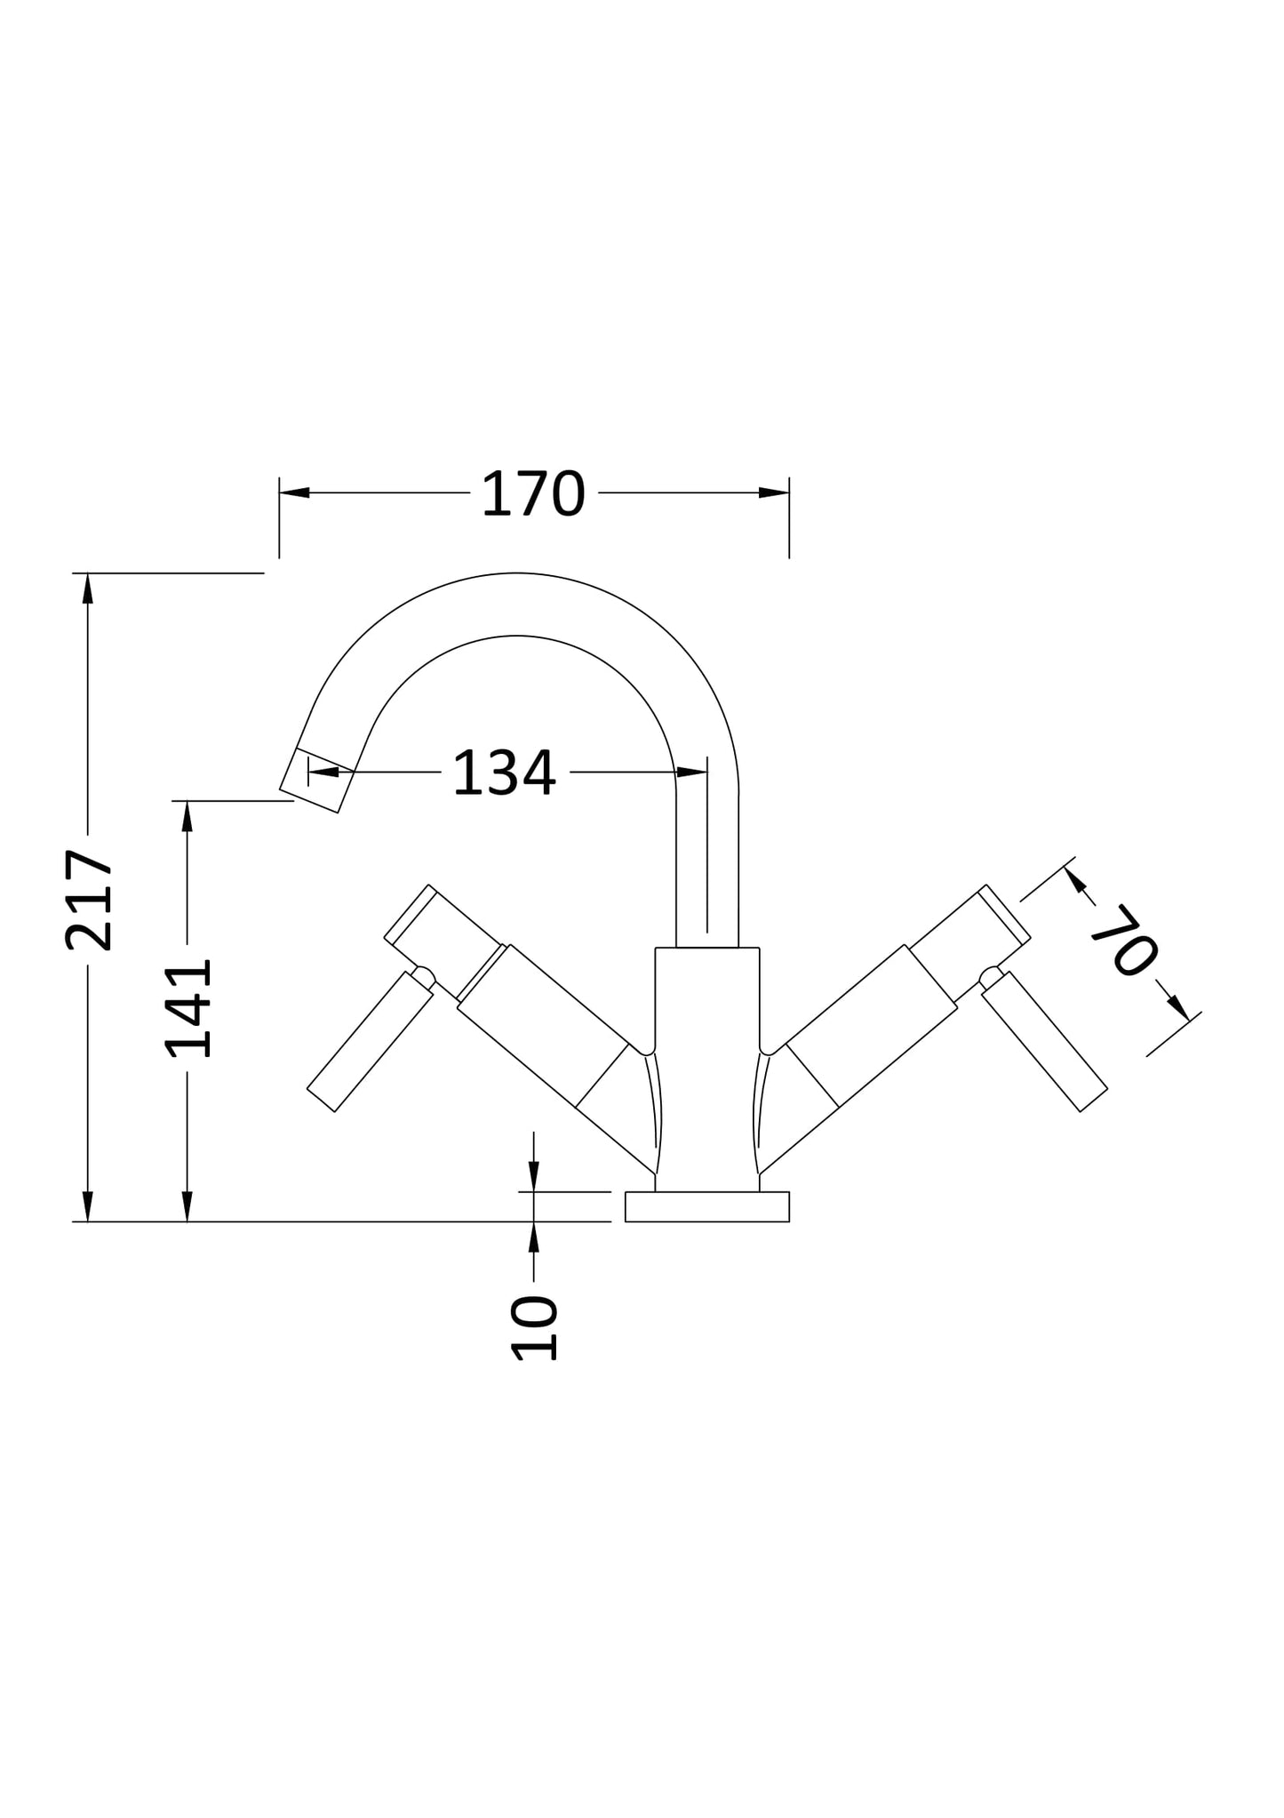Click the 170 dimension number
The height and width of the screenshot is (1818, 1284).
pos(533,494)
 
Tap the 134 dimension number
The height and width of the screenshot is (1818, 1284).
pos(504,773)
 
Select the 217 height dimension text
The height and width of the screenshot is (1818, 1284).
pos(90,900)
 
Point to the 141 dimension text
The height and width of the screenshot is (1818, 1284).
pos(189,1007)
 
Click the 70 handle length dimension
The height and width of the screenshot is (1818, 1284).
pos(1123,940)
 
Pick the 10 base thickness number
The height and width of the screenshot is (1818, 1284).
pos(534,1328)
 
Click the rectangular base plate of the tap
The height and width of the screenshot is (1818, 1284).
pos(706,1206)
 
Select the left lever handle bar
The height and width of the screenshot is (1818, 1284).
pos(370,1040)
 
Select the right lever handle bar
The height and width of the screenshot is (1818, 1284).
pos(1044,1040)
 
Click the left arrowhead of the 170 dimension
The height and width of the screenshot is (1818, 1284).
pos(294,493)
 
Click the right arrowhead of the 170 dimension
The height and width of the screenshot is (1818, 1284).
pos(774,493)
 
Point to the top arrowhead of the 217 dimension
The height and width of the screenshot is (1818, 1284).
pos(87,589)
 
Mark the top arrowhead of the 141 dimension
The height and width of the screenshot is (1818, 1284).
pos(187,816)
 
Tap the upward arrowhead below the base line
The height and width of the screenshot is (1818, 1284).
pos(534,1237)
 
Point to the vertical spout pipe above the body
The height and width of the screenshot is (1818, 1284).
pos(706,862)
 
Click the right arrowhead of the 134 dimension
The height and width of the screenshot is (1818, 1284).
pos(691,772)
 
